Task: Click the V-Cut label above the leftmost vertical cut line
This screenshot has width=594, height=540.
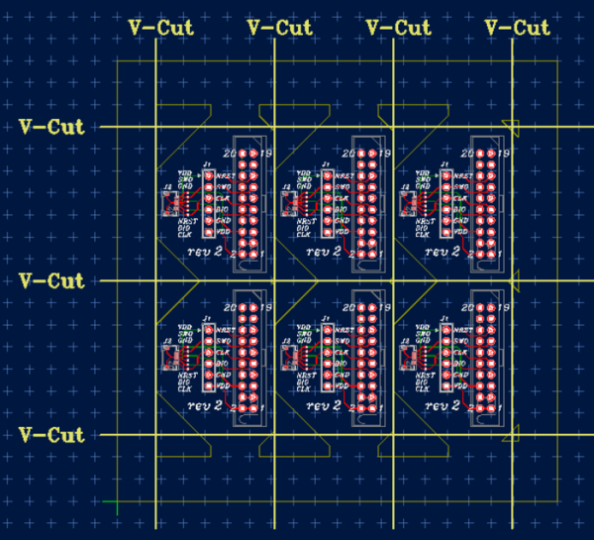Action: [x=161, y=28]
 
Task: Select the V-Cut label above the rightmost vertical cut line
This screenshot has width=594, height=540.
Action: [x=518, y=28]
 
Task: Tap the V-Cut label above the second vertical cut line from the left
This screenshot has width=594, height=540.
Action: [x=279, y=28]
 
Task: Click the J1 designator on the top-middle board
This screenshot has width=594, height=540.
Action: [x=326, y=164]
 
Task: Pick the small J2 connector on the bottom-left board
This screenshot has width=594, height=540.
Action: [x=168, y=358]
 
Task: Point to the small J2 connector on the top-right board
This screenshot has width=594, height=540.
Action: [x=406, y=204]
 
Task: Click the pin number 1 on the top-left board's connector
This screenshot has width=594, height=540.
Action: [x=260, y=255]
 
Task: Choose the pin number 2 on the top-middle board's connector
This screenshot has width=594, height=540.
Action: [x=352, y=255]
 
